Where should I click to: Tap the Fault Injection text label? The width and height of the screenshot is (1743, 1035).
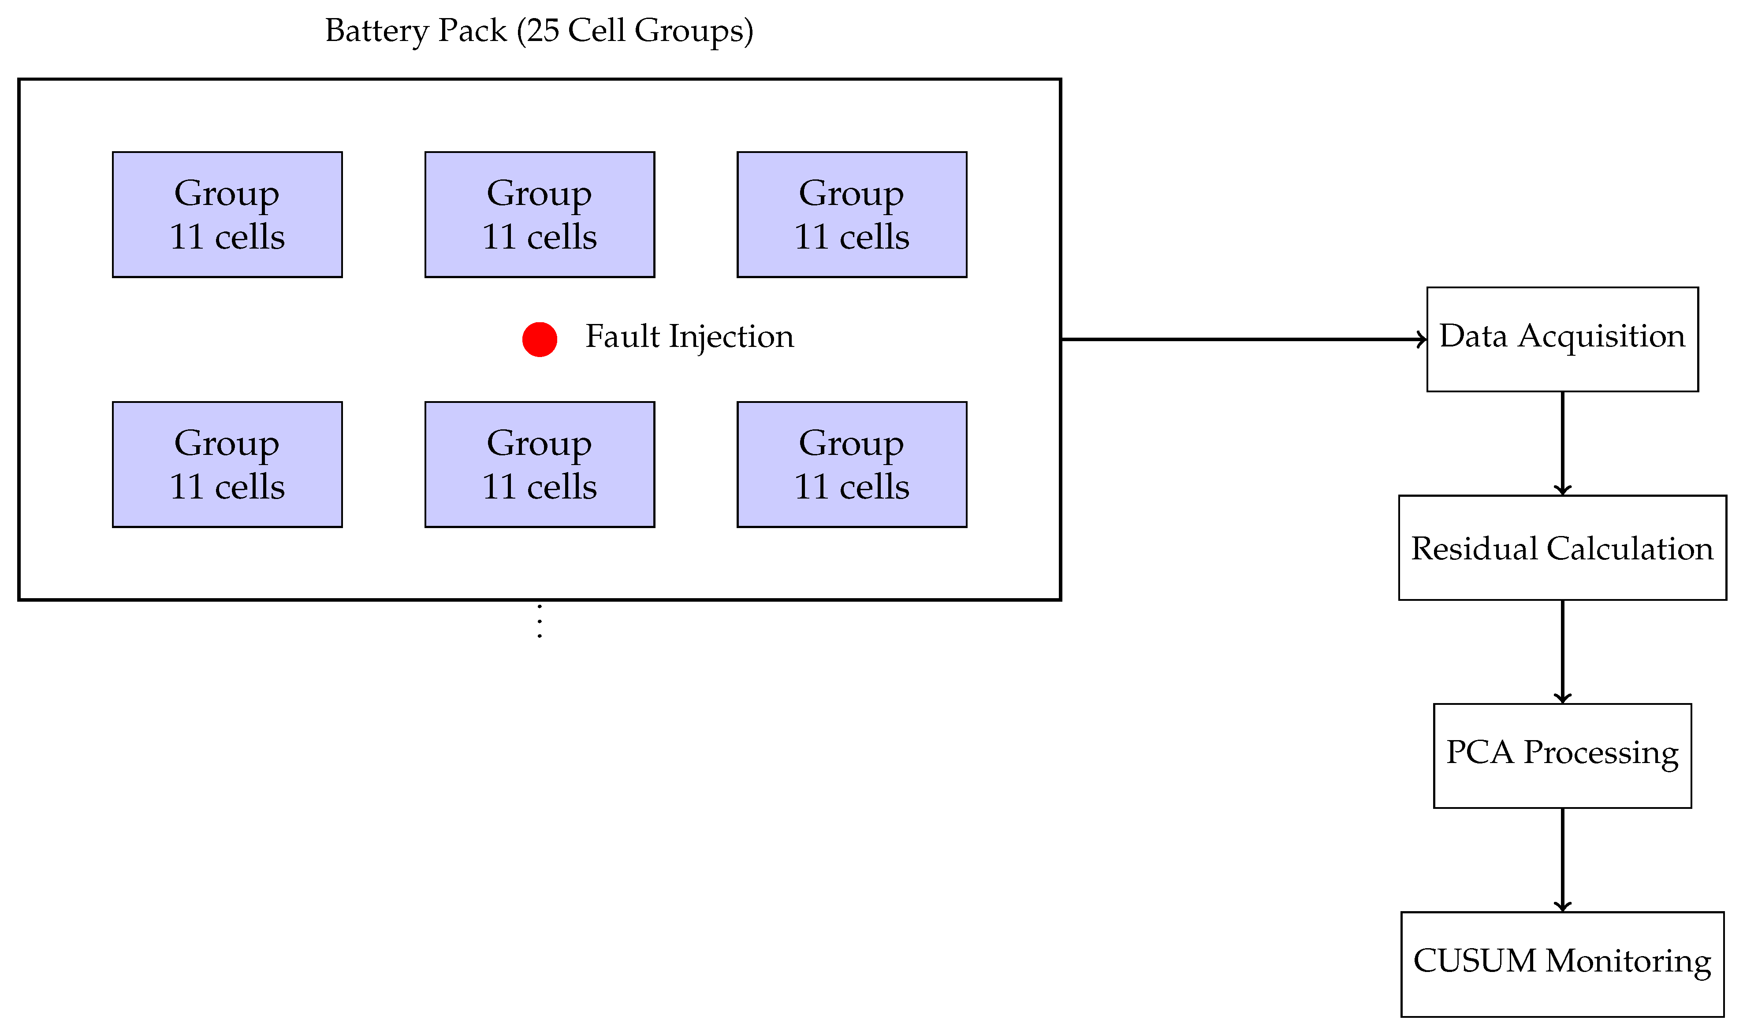pos(689,337)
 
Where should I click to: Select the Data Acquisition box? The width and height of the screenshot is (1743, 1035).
pos(1562,340)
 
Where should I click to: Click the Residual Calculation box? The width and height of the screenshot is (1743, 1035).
pos(1562,548)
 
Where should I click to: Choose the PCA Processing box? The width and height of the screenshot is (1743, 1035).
pos(1562,756)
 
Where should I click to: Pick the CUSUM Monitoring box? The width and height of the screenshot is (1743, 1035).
pos(1562,964)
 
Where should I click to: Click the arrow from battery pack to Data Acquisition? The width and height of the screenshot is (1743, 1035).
pos(1241,340)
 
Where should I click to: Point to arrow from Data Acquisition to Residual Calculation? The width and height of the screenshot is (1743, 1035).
pos(1562,443)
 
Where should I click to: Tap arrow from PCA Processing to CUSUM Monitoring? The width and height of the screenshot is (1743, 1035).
pos(1562,859)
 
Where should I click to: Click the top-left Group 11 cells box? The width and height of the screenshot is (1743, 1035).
pos(227,215)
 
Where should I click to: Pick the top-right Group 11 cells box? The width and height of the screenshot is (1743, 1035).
pos(852,215)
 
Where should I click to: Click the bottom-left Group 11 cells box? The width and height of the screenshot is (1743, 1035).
pos(227,465)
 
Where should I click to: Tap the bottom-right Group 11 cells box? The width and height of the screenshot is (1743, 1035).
pos(852,465)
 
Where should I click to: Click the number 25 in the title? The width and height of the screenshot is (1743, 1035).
pos(543,31)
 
